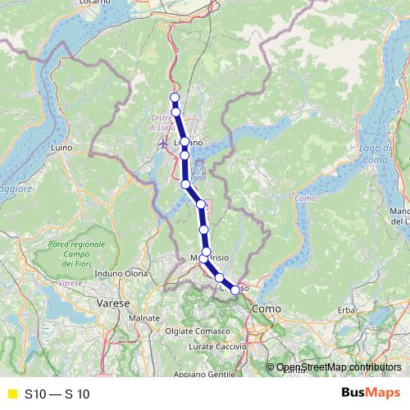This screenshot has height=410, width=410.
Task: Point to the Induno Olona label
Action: click(121, 273)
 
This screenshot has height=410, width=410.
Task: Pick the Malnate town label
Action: click(144, 317)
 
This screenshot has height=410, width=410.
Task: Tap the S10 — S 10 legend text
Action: click(57, 394)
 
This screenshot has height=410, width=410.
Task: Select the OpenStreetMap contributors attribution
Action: click(339, 368)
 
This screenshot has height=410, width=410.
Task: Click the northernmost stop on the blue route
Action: click(175, 98)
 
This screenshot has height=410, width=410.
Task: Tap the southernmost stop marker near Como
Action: click(235, 289)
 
